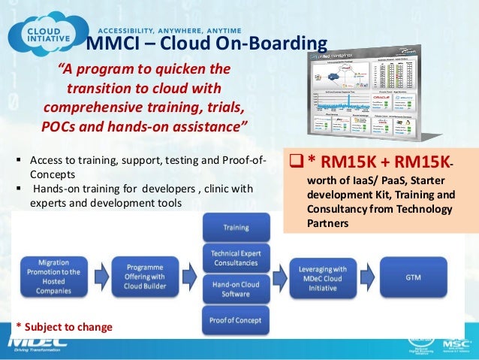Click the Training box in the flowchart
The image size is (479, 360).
235,227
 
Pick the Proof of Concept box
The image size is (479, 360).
235,320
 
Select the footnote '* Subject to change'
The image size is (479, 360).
64,328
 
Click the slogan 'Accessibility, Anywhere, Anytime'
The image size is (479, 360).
149,22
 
